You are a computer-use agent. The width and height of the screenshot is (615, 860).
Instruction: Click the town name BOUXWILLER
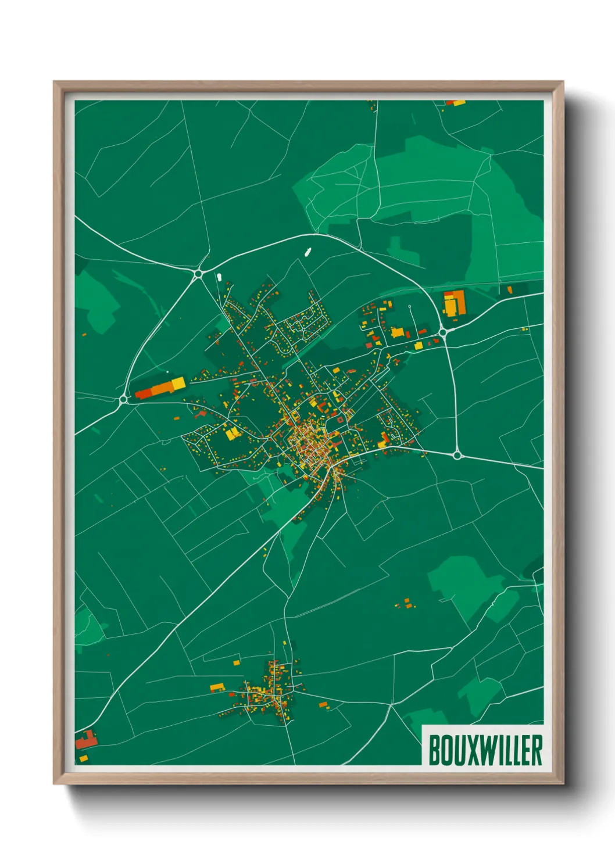coord(485,750)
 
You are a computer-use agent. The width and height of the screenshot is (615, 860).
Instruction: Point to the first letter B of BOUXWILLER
coord(434,750)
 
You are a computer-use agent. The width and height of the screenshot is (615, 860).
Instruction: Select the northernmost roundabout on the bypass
coord(199,272)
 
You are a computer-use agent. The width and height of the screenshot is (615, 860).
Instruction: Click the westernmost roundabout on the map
coord(123,399)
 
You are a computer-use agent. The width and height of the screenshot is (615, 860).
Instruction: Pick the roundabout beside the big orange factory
coord(443,332)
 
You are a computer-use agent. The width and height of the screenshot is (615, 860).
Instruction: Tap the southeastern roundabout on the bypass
coord(457,455)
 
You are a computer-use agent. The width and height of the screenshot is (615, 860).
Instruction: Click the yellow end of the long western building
coord(178,384)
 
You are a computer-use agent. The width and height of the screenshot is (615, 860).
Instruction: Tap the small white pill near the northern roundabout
coord(219,277)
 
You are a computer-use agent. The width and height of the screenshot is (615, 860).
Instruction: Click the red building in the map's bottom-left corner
coord(85,740)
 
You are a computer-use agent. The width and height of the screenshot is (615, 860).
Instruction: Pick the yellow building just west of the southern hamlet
coord(217,687)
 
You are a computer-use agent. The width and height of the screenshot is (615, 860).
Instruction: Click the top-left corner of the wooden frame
coord(55,83)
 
